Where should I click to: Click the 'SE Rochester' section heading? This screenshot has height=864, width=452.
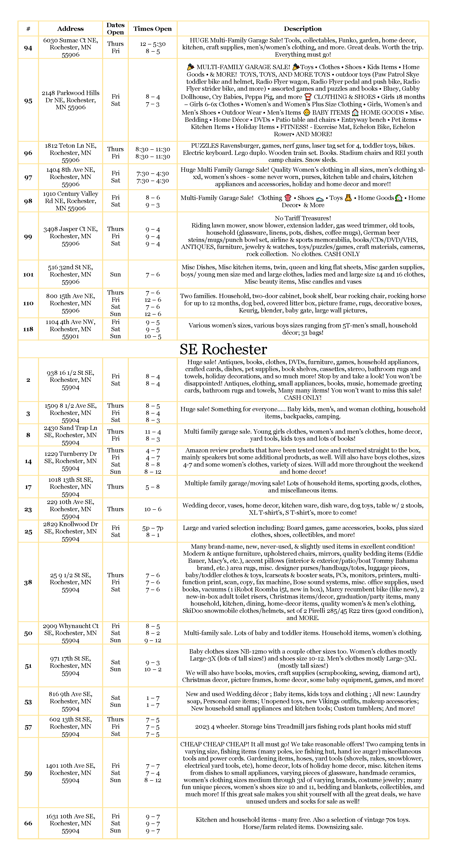point(223,349)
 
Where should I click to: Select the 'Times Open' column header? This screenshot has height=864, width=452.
point(152,29)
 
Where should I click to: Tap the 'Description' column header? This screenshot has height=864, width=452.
point(303,29)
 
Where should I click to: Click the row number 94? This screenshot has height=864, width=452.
point(28,48)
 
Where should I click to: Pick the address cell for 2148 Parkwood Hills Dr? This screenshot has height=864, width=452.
point(70,100)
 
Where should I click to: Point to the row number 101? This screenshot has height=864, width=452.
point(28,274)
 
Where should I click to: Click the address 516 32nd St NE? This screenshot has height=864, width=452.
point(70,274)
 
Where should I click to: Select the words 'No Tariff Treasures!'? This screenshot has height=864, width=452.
point(303,218)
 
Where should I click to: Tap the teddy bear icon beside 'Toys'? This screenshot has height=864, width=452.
point(348,198)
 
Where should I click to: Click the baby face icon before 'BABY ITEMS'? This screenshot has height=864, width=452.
point(307,112)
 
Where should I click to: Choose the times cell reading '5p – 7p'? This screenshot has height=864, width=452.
point(152,528)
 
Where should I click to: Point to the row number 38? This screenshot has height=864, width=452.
point(28,582)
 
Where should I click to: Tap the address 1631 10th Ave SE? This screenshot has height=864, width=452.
point(70,823)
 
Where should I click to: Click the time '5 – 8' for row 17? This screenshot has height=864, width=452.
point(152,487)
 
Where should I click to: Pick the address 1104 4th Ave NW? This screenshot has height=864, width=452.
point(70,329)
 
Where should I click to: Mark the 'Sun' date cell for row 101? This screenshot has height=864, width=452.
point(115,274)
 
